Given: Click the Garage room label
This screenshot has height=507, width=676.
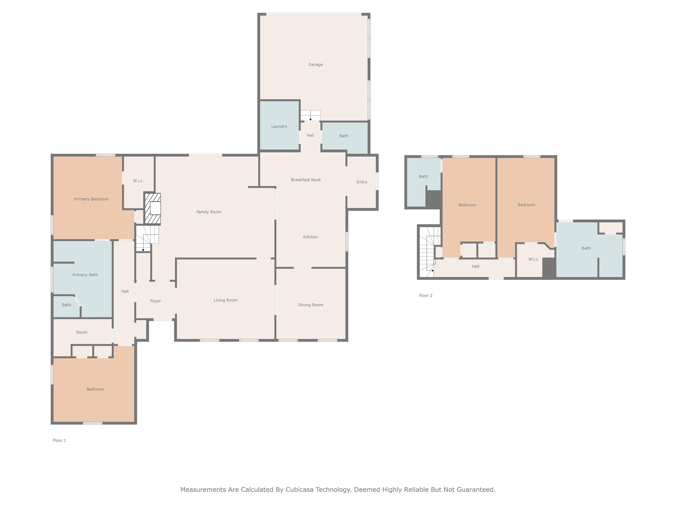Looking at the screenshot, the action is pyautogui.click(x=315, y=64).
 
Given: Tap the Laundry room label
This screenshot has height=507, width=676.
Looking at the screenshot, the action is pyautogui.click(x=279, y=127).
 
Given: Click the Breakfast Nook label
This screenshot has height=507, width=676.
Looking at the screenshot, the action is pyautogui.click(x=306, y=180).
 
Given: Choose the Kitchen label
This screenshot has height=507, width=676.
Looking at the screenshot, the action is pyautogui.click(x=310, y=237).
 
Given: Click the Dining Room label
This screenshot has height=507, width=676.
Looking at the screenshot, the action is pyautogui.click(x=310, y=305).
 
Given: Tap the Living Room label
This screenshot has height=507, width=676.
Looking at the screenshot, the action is pyautogui.click(x=226, y=300).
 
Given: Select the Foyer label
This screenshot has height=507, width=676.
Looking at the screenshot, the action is pyautogui.click(x=155, y=301).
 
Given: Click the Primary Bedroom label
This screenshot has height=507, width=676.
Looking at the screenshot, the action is pyautogui.click(x=91, y=199).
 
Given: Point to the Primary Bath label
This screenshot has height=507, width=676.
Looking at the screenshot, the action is pyautogui.click(x=85, y=275).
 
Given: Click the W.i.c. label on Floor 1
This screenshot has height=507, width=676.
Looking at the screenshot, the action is pyautogui.click(x=138, y=181).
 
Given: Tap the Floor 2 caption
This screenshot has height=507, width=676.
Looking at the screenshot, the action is pyautogui.click(x=425, y=296).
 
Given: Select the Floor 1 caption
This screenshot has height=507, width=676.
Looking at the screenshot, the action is pyautogui.click(x=59, y=440).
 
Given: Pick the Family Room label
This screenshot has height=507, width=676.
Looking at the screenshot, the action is pyautogui.click(x=209, y=212).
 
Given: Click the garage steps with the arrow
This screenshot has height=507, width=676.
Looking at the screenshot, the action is pyautogui.click(x=310, y=116).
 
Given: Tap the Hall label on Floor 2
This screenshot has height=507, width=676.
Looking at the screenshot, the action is pyautogui.click(x=476, y=266).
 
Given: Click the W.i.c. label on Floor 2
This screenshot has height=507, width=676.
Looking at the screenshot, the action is pyautogui.click(x=534, y=259).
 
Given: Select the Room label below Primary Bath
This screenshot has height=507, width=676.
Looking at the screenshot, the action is pyautogui.click(x=82, y=332).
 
